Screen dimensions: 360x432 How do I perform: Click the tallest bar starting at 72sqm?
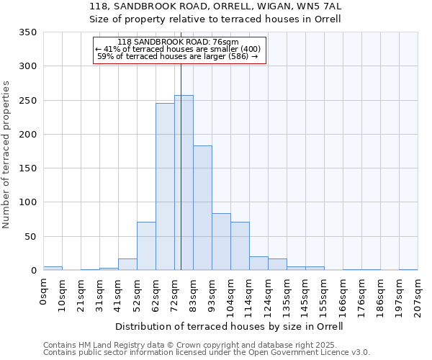tap(184, 183)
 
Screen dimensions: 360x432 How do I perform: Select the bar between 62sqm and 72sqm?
tap(165, 186)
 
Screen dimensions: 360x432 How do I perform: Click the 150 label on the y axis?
tap(27, 168)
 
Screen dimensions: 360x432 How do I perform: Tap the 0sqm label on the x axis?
tap(44, 292)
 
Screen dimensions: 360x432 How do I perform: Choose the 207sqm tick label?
tap(418, 295)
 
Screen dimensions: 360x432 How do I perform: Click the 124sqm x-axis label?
tap(269, 295)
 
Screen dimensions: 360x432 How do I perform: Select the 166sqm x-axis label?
tap(343, 295)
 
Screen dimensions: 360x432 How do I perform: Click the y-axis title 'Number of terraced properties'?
tap(7, 154)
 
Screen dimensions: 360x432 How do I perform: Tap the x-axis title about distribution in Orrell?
tap(229, 326)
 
